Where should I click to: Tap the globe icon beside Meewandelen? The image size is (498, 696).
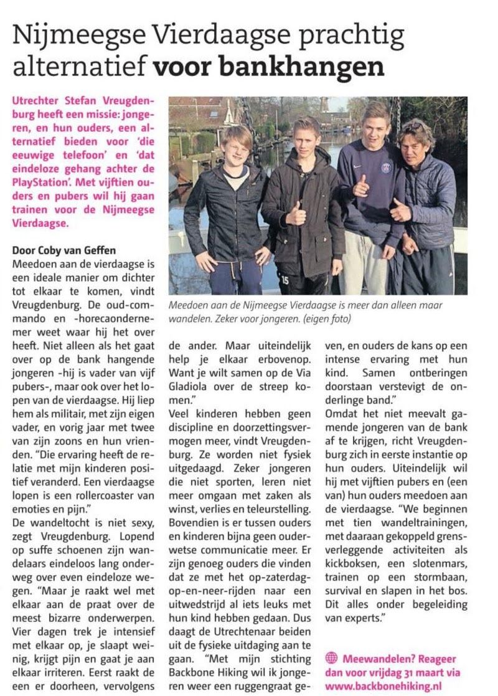331,658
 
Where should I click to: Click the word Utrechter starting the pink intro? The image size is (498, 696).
39,101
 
